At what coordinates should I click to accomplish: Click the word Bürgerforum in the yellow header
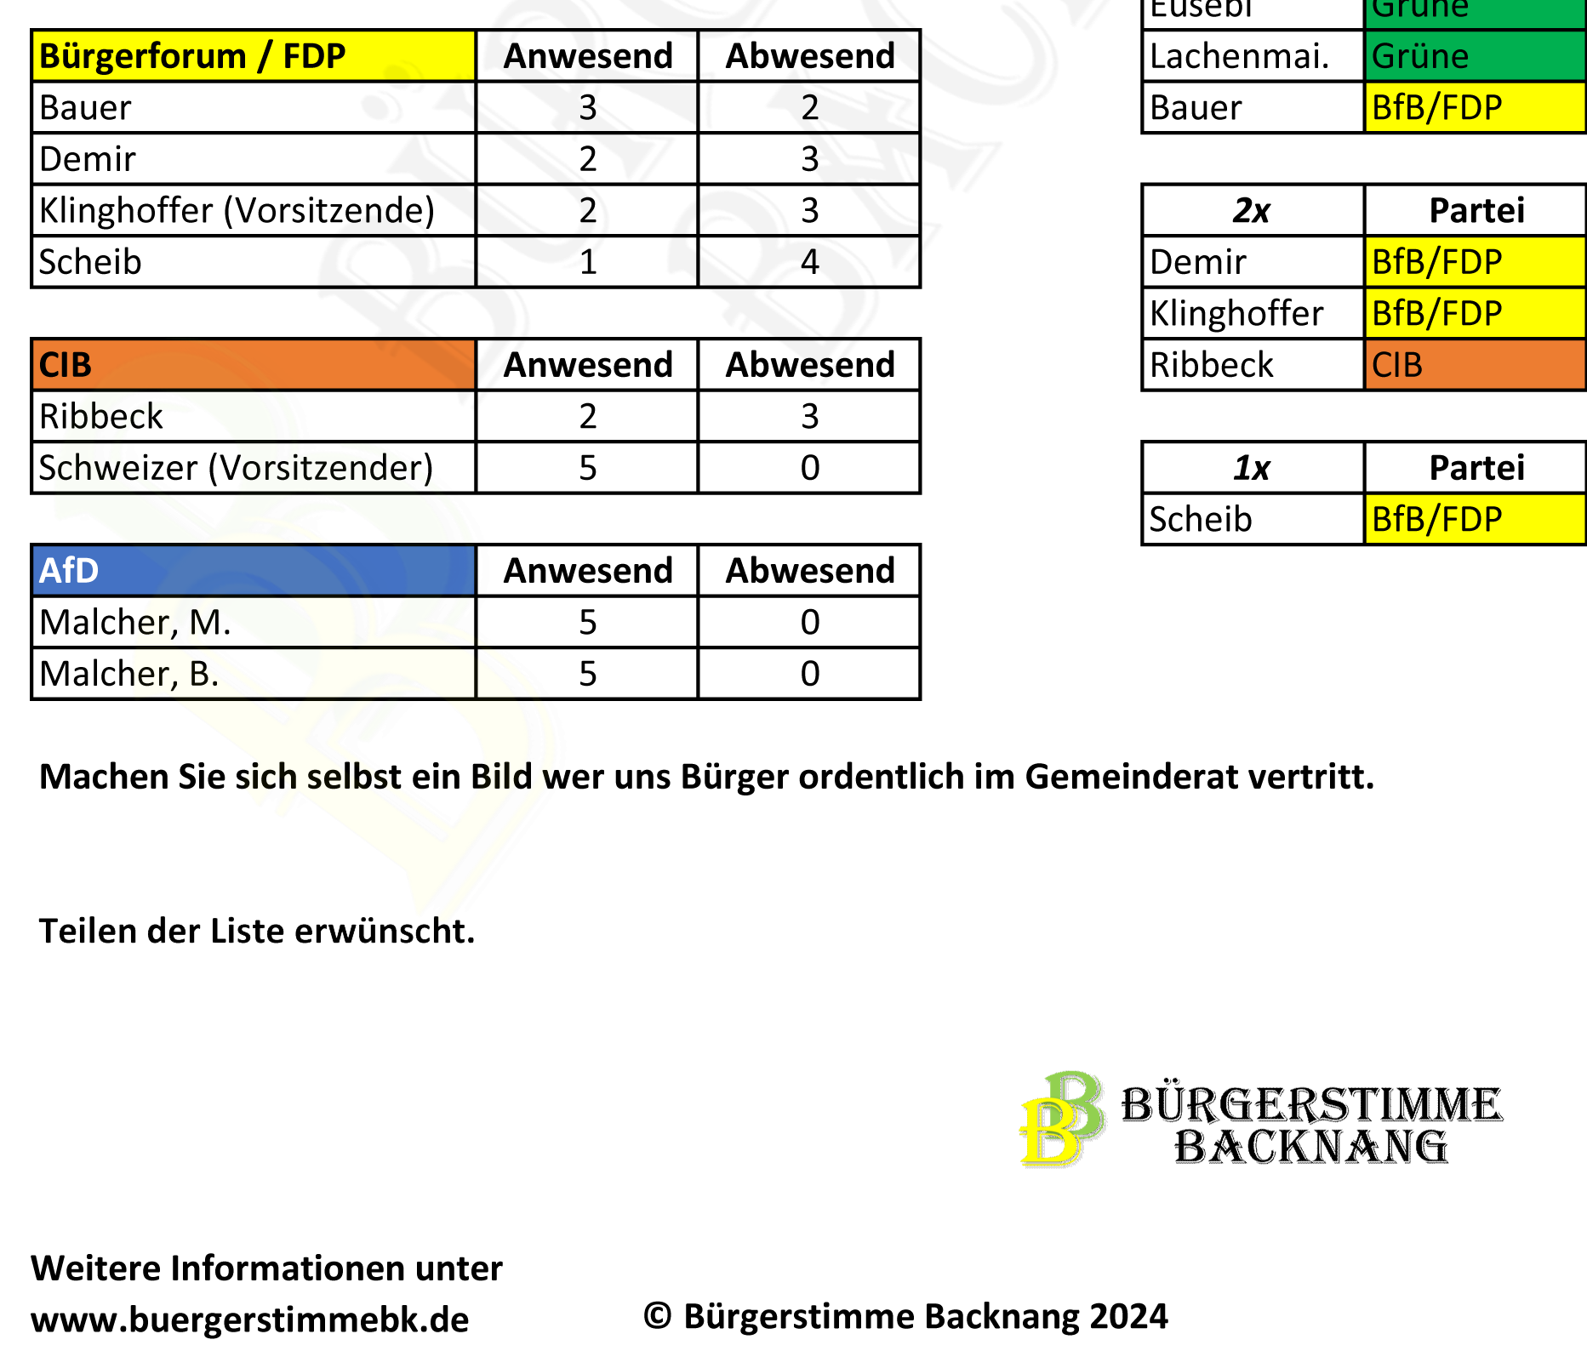click(x=142, y=56)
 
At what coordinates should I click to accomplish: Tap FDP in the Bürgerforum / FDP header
click(x=314, y=56)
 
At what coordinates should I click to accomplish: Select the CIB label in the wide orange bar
click(x=66, y=365)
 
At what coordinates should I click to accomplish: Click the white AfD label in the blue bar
click(x=69, y=571)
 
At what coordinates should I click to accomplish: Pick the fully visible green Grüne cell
click(x=1474, y=56)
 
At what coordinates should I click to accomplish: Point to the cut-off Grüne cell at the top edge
click(x=1474, y=10)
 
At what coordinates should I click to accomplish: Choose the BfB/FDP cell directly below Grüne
click(x=1474, y=107)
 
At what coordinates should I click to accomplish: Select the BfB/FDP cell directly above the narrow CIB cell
click(x=1474, y=313)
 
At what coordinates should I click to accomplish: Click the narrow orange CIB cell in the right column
click(x=1474, y=365)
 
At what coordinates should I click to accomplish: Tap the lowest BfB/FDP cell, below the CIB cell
click(x=1474, y=519)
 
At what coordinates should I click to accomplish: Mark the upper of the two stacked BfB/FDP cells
click(x=1474, y=261)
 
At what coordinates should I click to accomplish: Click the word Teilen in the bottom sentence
click(x=87, y=932)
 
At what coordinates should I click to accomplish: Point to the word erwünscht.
click(x=383, y=932)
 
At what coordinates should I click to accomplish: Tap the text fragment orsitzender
click(x=328, y=468)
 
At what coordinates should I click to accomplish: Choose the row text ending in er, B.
click(x=174, y=675)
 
